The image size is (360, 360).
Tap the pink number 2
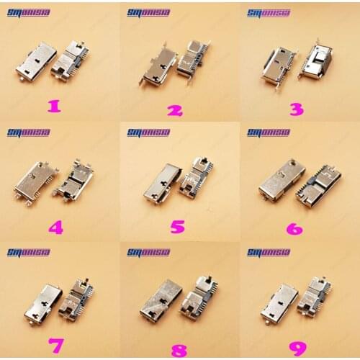pos(174,110)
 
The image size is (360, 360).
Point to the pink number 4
pos(55,228)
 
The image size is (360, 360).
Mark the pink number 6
pos(294,227)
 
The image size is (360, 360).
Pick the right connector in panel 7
pos(78,299)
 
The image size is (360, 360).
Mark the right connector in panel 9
pos(318,298)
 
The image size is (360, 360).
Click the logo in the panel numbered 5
pos(148,132)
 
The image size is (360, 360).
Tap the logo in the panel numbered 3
pos(269,13)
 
